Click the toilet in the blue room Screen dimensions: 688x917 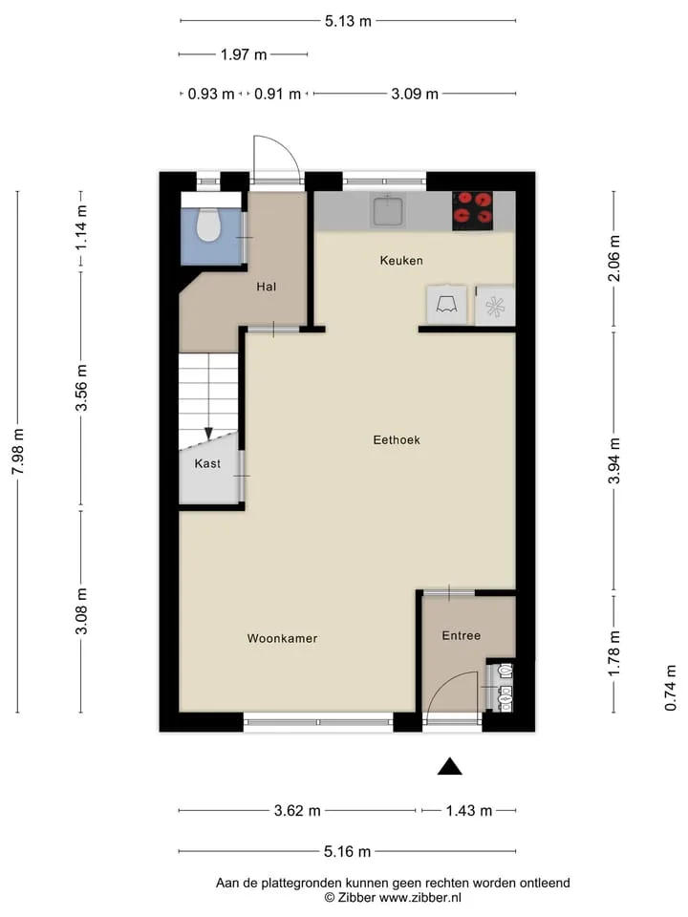click(207, 225)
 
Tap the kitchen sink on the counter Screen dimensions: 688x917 click(387, 211)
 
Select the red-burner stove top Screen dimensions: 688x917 click(472, 210)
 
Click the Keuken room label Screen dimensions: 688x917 click(401, 260)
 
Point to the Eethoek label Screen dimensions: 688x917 click(397, 439)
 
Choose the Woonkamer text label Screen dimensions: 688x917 click(282, 638)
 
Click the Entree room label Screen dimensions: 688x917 click(461, 635)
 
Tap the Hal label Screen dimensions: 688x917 click(267, 287)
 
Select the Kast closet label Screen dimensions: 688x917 click(207, 464)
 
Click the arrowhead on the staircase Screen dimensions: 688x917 click(208, 434)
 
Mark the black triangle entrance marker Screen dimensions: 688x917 click(450, 766)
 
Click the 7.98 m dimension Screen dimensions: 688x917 click(18, 452)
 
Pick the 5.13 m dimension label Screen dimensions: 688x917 click(348, 21)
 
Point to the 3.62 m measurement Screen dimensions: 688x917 click(297, 811)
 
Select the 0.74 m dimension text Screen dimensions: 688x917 click(671, 689)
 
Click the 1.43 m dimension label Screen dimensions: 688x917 click(468, 811)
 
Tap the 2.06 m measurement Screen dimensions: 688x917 click(614, 259)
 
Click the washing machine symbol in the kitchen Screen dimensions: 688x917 click(495, 306)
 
